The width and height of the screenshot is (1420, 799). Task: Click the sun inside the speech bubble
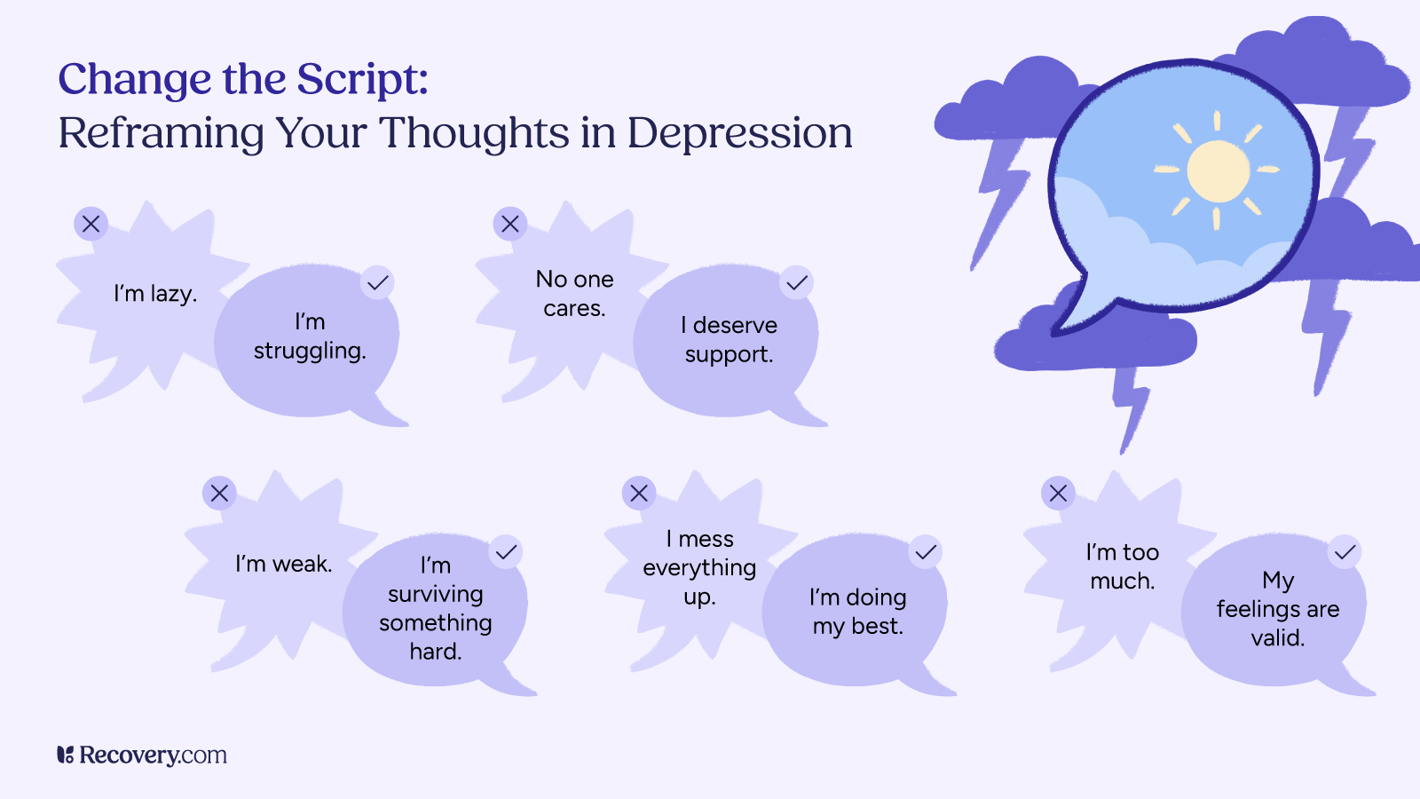pyautogui.click(x=1218, y=170)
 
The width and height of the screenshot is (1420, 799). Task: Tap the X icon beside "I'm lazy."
pyautogui.click(x=91, y=224)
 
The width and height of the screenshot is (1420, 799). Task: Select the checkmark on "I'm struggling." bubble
pyautogui.click(x=377, y=282)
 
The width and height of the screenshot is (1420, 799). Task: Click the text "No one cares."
pyautogui.click(x=574, y=294)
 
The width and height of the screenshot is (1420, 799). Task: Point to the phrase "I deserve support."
pyautogui.click(x=729, y=339)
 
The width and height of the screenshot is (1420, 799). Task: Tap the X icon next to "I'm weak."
pyautogui.click(x=219, y=493)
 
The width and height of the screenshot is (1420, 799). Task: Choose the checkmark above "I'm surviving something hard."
pyautogui.click(x=506, y=552)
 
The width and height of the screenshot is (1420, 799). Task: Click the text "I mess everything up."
pyautogui.click(x=699, y=567)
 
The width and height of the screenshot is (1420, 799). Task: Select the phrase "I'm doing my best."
pyautogui.click(x=857, y=612)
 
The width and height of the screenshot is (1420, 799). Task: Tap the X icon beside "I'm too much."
pyautogui.click(x=1058, y=493)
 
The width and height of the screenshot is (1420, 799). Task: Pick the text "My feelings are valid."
pyautogui.click(x=1277, y=608)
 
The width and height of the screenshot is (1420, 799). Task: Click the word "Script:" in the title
pyautogui.click(x=362, y=80)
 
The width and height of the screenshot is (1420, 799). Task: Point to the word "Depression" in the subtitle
pyautogui.click(x=739, y=133)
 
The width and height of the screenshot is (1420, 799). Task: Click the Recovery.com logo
pyautogui.click(x=142, y=755)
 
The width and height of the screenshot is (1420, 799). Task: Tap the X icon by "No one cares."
pyautogui.click(x=509, y=224)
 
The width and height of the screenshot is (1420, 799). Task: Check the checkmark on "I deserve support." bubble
pyautogui.click(x=797, y=282)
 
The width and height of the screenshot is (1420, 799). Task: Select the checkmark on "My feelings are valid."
pyautogui.click(x=1345, y=552)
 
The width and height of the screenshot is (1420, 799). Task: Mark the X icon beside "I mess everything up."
pyautogui.click(x=639, y=493)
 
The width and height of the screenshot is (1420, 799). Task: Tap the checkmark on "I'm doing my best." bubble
pyautogui.click(x=926, y=552)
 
